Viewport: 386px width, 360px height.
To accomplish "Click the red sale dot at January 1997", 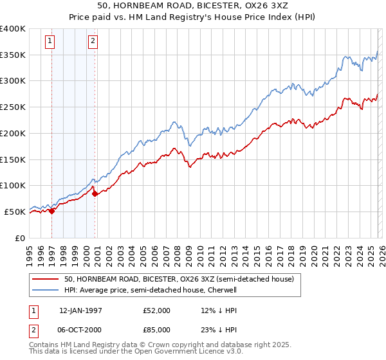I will click(52, 211).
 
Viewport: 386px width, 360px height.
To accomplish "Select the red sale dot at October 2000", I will click(95, 194).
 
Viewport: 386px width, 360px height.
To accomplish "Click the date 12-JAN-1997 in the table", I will click(80, 310).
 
